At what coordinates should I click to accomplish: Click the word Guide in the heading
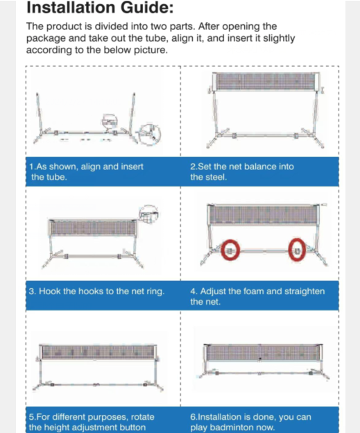point(145,8)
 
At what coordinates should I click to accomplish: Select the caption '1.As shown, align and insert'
point(87,167)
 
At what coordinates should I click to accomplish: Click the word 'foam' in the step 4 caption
point(254,291)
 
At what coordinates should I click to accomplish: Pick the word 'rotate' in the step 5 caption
point(142,417)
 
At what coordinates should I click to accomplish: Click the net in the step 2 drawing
point(266,82)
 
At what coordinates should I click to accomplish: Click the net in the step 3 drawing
point(94,228)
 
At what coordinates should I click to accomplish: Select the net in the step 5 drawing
point(98,352)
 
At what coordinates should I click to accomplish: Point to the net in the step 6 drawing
point(263,353)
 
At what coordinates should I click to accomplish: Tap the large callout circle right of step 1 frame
point(149,135)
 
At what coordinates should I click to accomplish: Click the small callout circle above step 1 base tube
point(110,121)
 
